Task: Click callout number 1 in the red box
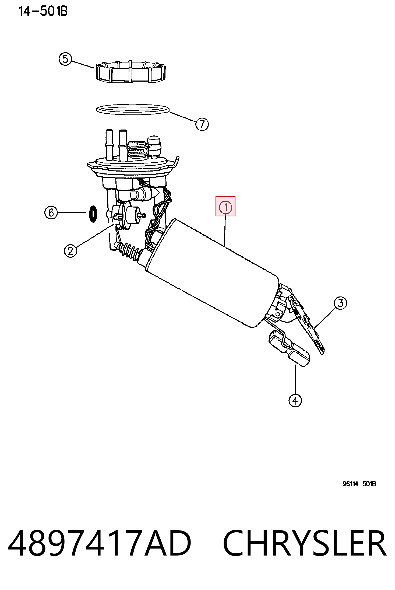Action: coord(225,207)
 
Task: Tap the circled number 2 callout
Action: coord(70,251)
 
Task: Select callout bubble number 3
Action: coord(340,303)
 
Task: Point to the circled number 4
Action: coord(295,400)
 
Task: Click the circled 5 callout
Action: coord(65,59)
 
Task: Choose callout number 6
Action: coord(51,213)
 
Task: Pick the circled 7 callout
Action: coord(202,124)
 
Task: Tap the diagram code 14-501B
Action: coord(43,11)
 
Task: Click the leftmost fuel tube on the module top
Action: coord(110,145)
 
